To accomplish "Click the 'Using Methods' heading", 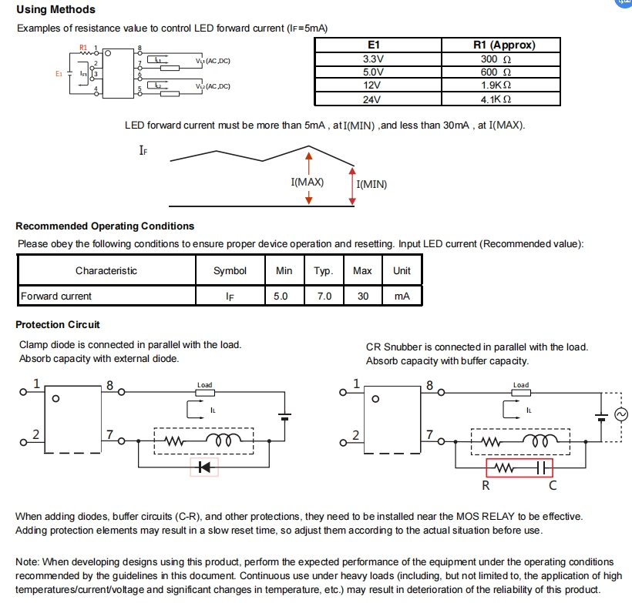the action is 55,9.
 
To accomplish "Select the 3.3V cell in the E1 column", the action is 373,59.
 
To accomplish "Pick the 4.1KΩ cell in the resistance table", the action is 496,99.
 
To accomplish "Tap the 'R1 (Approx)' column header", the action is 504,45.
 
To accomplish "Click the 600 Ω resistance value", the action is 496,72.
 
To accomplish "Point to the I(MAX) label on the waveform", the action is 307,182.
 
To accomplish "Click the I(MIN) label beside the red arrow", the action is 371,185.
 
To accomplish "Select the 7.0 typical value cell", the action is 324,296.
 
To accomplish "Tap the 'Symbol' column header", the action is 230,270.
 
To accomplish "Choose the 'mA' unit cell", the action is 402,296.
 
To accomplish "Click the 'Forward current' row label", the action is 56,296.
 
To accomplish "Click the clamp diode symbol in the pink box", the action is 204,467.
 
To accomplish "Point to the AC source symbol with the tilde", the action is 621,414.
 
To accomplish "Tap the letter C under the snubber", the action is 553,485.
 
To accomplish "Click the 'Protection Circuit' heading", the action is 58,325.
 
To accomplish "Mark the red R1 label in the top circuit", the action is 83,48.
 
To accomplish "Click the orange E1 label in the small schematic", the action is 59,74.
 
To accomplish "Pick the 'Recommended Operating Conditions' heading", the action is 105,226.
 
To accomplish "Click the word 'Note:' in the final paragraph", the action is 28,562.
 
